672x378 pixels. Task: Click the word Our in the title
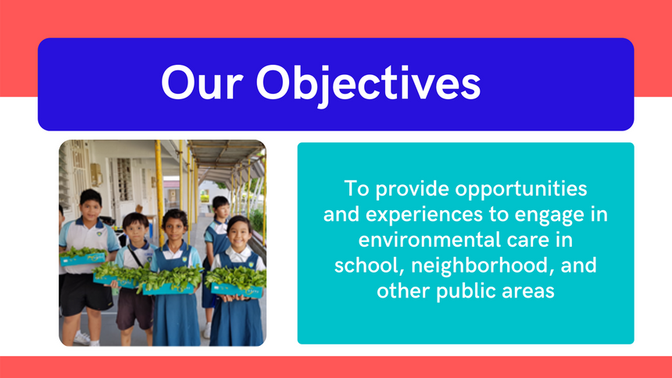pos(202,83)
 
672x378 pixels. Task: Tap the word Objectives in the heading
pos(368,85)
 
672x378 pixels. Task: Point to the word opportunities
pos(520,190)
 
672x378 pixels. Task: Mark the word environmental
pos(430,240)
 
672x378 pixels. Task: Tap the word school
pos(370,266)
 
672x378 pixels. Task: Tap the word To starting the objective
pos(356,189)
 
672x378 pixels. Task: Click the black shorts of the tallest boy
pos(85,294)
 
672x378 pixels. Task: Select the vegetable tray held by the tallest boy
pos(83,257)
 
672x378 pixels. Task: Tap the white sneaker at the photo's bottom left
pos(82,338)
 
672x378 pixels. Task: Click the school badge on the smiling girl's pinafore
pos(251,265)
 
